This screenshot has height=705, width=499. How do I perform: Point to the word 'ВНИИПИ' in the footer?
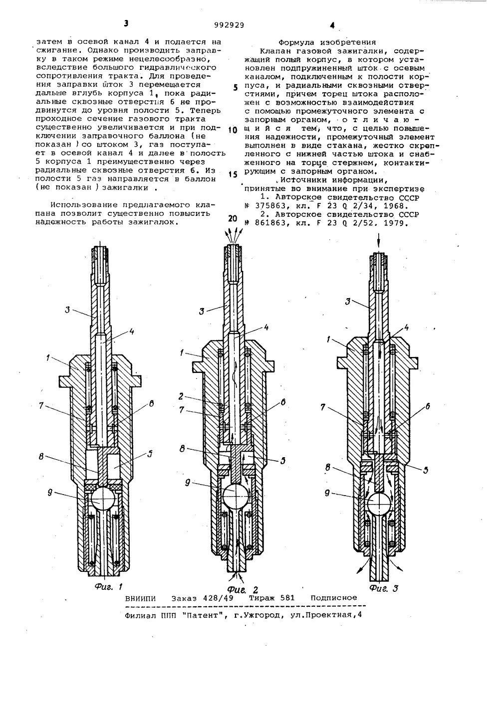[141, 598]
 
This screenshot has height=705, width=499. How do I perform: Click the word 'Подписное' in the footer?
[334, 597]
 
